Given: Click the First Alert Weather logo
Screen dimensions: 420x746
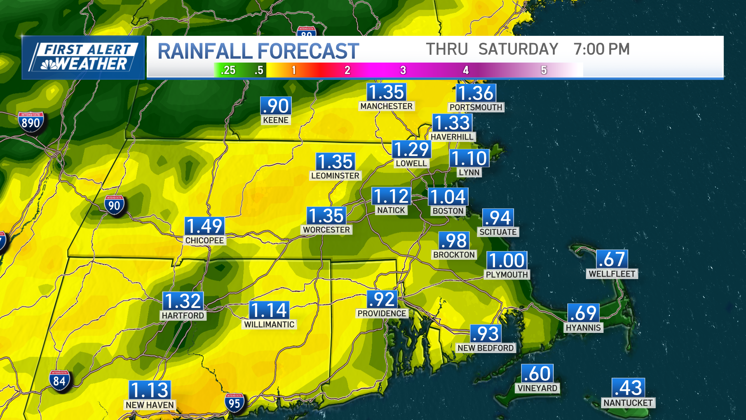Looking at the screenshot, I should click(x=83, y=58).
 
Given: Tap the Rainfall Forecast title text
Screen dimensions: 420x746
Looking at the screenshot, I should click(x=258, y=51).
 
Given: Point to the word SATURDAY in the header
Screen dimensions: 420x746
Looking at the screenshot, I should click(x=518, y=49).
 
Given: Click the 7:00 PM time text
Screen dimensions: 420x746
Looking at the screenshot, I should click(x=601, y=49).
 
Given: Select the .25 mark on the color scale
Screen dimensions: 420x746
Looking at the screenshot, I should click(x=228, y=70).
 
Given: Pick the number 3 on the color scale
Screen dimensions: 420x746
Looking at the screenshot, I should click(x=403, y=70).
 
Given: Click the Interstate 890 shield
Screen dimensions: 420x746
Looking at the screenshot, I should click(x=31, y=122).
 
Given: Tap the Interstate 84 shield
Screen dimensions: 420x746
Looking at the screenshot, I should click(x=59, y=380).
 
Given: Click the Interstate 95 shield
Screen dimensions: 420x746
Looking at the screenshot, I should click(x=234, y=403).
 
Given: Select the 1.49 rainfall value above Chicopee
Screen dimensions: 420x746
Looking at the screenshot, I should click(x=204, y=226).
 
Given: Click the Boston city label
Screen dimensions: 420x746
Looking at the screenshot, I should click(x=448, y=211).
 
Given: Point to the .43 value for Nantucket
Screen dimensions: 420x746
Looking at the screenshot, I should click(x=628, y=388).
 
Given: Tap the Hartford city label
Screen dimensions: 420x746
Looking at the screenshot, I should click(x=183, y=316).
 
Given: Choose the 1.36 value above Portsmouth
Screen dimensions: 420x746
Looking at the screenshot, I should click(x=476, y=93).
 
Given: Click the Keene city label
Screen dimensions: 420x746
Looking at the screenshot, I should click(x=275, y=120).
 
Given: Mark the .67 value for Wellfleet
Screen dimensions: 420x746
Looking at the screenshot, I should click(x=612, y=259).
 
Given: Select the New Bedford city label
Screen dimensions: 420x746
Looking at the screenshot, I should click(x=486, y=348).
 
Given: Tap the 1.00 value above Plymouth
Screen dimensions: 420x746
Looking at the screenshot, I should click(x=507, y=261).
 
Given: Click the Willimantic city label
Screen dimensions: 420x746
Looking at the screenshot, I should click(x=269, y=325).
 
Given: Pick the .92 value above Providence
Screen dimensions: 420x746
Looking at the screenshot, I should click(x=382, y=299).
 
